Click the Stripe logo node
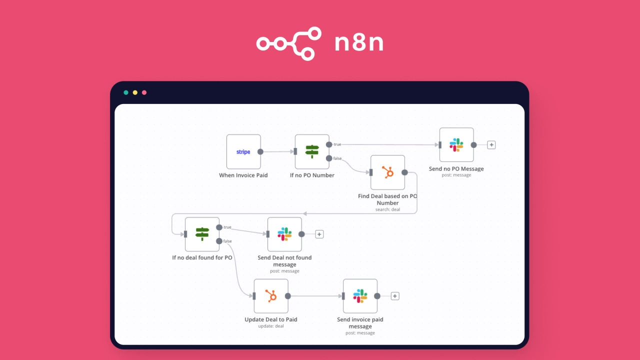pos(243,152)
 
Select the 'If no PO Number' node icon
pos(312,151)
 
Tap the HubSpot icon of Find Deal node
pos(387,172)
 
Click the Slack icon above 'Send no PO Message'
pos(456,145)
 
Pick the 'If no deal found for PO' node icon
pos(202,234)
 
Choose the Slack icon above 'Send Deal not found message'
pos(284,234)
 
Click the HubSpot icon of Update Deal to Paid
pos(270,296)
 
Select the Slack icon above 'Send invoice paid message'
pos(360,296)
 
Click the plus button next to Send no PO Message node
pos(491,145)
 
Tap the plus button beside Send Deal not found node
pos(319,234)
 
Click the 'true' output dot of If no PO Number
pos(329,144)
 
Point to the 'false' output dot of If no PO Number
pos(329,158)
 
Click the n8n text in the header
pos(359,43)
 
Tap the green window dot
pos(126,92)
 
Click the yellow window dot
pos(135,92)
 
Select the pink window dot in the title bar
pos(144,92)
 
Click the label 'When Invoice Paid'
pos(243,175)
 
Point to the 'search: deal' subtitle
pos(387,209)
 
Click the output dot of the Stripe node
pos(260,152)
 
